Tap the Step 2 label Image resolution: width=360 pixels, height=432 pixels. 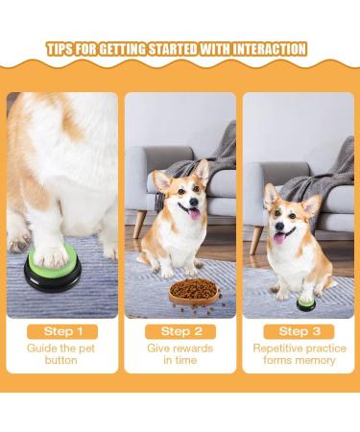[180, 331]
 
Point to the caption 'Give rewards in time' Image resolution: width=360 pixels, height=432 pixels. [180, 354]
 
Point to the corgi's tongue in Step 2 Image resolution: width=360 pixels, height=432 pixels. [195, 213]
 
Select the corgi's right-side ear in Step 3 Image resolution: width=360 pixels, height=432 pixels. [312, 204]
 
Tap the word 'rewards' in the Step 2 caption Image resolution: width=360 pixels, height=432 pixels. [186, 348]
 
